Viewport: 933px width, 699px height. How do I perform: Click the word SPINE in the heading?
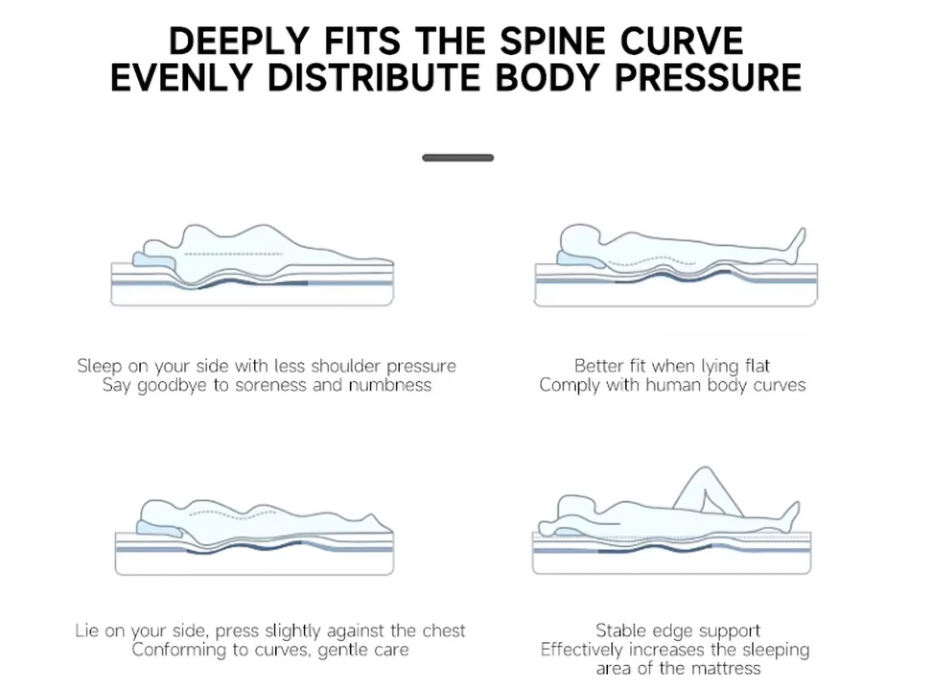[x=552, y=41]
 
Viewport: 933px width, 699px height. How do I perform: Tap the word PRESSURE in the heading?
[x=708, y=78]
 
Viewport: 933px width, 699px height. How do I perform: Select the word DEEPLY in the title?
[x=239, y=41]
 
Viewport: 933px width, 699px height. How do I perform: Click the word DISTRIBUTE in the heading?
[x=374, y=78]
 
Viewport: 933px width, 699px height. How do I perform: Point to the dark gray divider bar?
[x=458, y=158]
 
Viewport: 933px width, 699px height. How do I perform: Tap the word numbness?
[x=390, y=385]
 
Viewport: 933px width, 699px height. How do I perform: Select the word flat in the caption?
[x=757, y=366]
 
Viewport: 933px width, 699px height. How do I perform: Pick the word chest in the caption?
[x=444, y=631]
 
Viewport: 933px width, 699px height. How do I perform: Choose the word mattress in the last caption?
[x=726, y=669]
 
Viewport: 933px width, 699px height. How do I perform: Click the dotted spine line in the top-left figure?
[x=233, y=254]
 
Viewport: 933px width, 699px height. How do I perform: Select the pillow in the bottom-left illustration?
[x=158, y=528]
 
